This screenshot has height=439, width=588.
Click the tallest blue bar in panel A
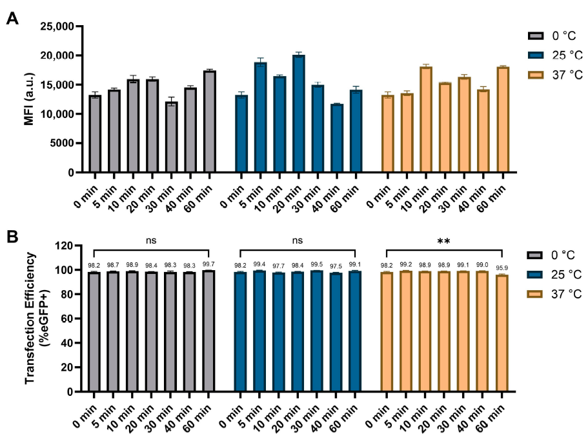pos(298,113)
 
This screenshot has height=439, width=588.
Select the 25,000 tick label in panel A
pos(57,26)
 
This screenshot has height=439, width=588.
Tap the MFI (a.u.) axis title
pos(29,99)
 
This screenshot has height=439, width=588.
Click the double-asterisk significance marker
pos(443,242)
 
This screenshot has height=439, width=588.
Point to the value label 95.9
pos(502,268)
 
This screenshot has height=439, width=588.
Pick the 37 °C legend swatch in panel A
pos(536,75)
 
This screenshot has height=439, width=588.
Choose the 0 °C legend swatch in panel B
pos(534,255)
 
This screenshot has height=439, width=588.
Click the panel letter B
pos(12,237)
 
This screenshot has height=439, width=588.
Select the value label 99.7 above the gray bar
pos(208,264)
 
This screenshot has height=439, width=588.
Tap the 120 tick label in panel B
pos(64,246)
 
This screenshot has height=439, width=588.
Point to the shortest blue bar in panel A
pos(337,138)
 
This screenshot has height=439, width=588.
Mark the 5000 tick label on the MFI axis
pos(62,144)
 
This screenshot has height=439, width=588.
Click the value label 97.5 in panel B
pos(336,266)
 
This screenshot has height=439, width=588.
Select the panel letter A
pos(12,18)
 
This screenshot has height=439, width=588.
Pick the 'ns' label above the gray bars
pos(151,240)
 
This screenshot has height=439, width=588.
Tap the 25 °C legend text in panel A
pos(567,55)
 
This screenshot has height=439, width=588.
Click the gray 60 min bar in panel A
pos(210,121)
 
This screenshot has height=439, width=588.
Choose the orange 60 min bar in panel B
pos(502,333)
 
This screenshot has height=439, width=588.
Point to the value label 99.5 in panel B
pos(317,264)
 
